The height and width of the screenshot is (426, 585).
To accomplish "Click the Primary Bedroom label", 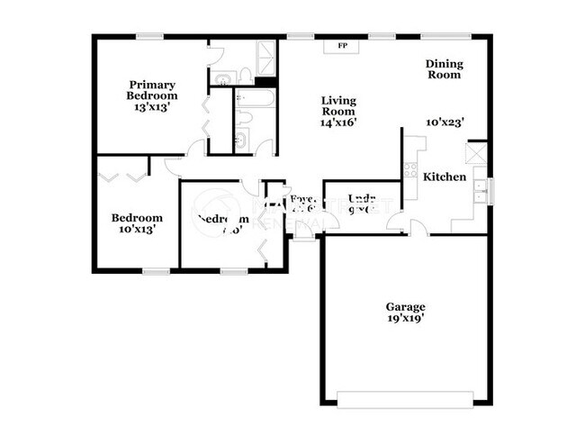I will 151,90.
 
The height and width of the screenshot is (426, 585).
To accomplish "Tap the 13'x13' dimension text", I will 151,106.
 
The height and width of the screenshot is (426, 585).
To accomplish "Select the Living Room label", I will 338,106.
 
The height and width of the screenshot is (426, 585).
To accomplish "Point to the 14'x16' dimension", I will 338,123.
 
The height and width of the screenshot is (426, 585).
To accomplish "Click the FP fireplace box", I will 342,45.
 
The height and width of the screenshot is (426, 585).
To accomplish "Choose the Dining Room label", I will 443,69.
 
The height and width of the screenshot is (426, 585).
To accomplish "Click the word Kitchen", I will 445,177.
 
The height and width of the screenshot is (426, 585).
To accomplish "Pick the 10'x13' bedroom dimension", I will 137,231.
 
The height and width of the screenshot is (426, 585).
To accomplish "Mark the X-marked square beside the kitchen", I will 477,152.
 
